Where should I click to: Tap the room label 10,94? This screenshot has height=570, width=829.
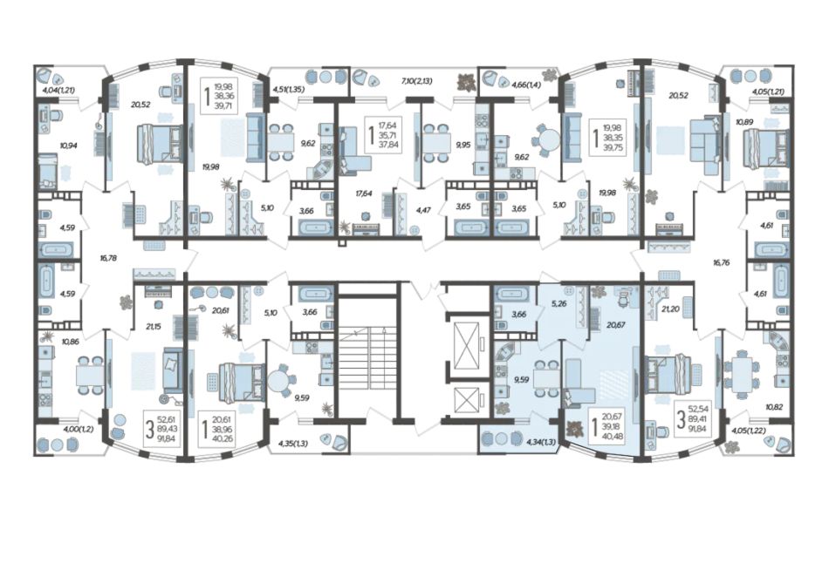pos(69,145)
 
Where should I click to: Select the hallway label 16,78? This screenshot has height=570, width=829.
pos(108,258)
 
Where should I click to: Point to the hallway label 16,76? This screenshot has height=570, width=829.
pos(721,261)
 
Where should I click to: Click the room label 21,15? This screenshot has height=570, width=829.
pos(154,327)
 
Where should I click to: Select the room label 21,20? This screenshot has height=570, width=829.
pos(671,309)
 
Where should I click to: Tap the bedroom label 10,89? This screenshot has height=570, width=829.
pos(744,121)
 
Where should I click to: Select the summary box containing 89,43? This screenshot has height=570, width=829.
pos(161,428)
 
